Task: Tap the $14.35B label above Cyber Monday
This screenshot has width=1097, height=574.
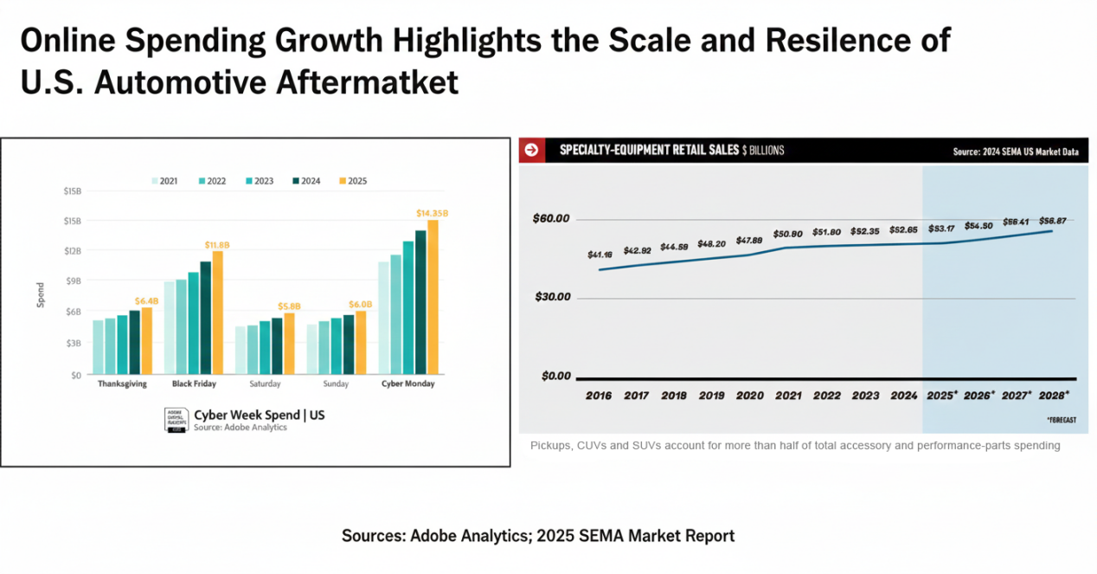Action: [x=432, y=213]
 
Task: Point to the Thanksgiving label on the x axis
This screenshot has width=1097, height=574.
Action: [x=122, y=384]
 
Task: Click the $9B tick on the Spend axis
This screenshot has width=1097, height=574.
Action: [x=73, y=281]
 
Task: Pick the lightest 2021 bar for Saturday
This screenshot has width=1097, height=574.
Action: [x=241, y=350]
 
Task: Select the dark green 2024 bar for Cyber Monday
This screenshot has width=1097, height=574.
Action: [x=420, y=301]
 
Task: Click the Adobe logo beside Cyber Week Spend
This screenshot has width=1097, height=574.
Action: [x=176, y=420]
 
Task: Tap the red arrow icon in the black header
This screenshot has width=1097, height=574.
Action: [x=531, y=150]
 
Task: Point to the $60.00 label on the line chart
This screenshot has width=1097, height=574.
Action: [x=551, y=218]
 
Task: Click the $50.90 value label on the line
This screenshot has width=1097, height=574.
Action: [x=787, y=234]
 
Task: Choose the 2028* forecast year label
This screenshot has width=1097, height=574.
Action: [x=1054, y=395]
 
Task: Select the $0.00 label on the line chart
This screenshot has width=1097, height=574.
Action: [x=556, y=376]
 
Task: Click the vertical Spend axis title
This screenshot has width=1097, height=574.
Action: [x=41, y=295]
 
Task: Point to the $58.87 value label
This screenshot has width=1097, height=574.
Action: [x=1052, y=221]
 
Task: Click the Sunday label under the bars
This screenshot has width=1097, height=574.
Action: [x=336, y=384]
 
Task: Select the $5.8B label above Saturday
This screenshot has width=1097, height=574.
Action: [x=289, y=306]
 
